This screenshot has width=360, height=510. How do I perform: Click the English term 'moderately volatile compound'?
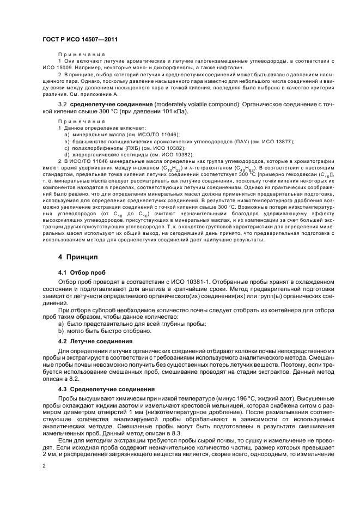coord(195,104)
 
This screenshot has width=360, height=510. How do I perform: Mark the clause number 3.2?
coord(63,104)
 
